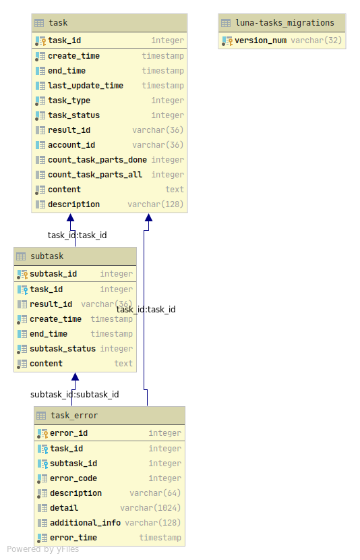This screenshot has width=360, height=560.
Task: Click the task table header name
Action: pyautogui.click(x=58, y=23)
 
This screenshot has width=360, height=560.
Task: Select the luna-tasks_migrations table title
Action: pyautogui.click(x=285, y=23)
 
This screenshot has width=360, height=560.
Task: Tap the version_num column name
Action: pyautogui.click(x=260, y=40)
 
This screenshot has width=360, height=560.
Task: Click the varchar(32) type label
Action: pyautogui.click(x=316, y=40)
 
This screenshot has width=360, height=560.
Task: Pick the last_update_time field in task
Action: pyautogui.click(x=86, y=86)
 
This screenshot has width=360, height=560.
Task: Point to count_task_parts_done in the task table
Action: pyautogui.click(x=97, y=160)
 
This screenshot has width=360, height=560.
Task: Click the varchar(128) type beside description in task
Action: pyautogui.click(x=155, y=204)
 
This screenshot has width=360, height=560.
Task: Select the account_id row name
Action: pyautogui.click(x=71, y=145)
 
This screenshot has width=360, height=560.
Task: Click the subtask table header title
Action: pyautogui.click(x=47, y=256)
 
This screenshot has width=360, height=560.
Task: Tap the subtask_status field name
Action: pyautogui.click(x=63, y=349)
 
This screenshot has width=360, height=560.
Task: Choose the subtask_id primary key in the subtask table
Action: pyautogui.click(x=53, y=274)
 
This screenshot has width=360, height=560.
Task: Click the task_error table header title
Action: pyautogui.click(x=74, y=416)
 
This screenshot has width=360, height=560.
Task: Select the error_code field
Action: pyautogui.click(x=73, y=478)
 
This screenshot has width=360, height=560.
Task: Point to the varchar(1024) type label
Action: pyautogui.click(x=150, y=508)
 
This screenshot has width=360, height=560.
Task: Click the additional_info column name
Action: pyautogui.click(x=85, y=523)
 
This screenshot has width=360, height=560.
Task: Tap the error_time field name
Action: pyautogui.click(x=73, y=538)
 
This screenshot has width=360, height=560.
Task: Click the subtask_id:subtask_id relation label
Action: pyautogui.click(x=74, y=394)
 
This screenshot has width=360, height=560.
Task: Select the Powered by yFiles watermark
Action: pyautogui.click(x=43, y=549)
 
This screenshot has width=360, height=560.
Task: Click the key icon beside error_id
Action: pyautogui.click(x=42, y=433)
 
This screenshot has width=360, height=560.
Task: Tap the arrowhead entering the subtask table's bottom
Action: pyautogui.click(x=75, y=377)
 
